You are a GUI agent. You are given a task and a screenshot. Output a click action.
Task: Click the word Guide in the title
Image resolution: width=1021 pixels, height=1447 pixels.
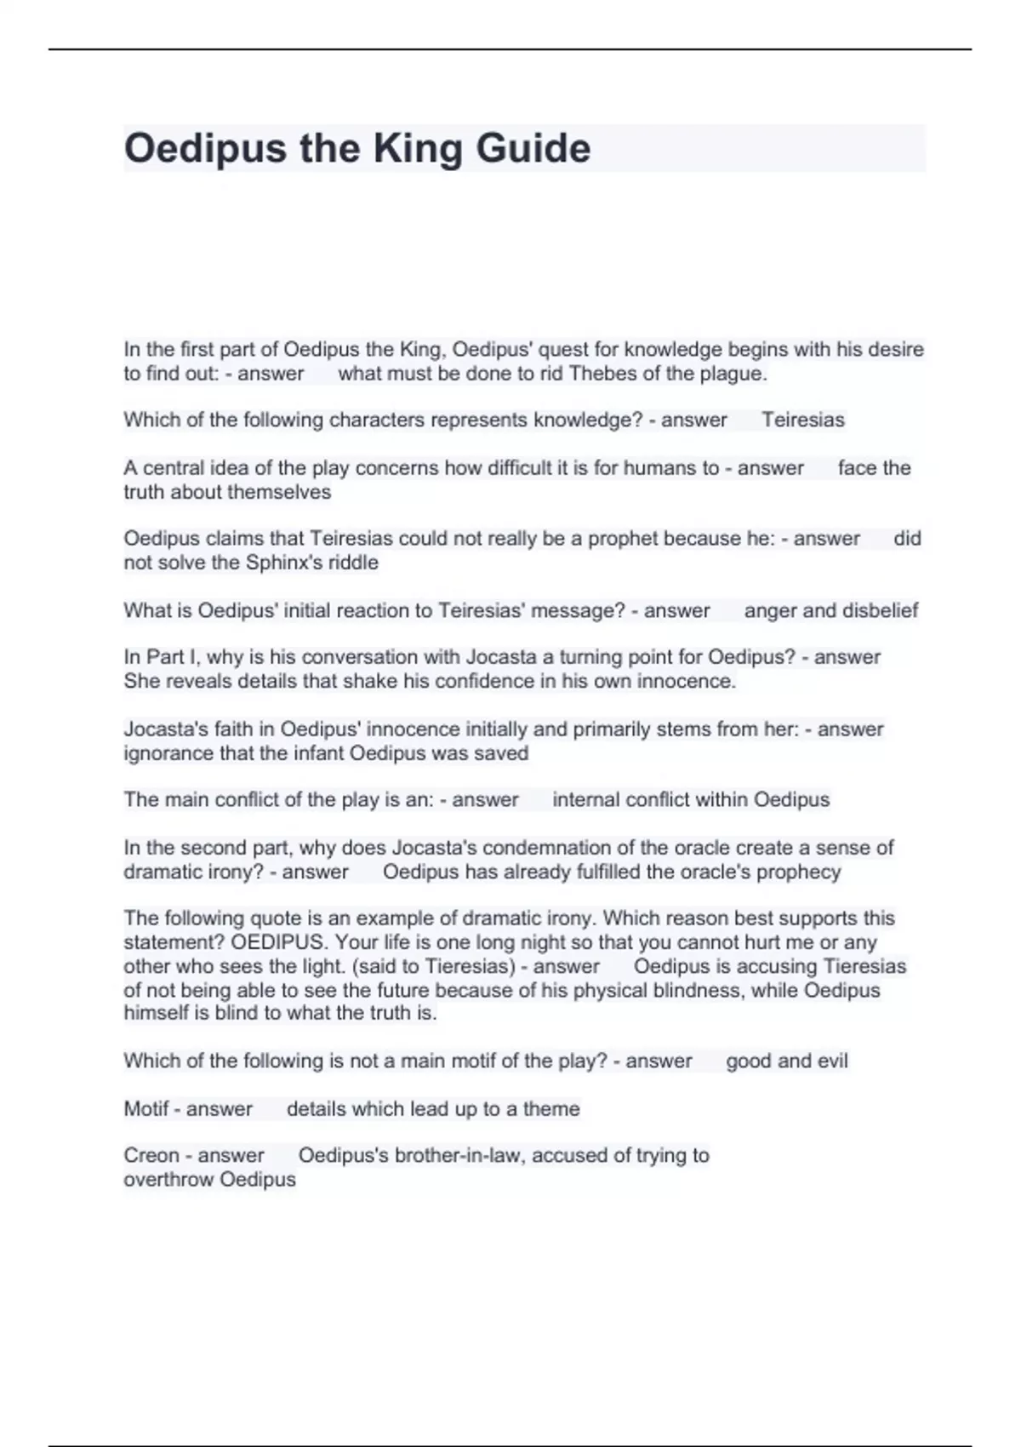(533, 149)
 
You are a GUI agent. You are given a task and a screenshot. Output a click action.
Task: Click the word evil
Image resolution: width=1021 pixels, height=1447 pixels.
(832, 1061)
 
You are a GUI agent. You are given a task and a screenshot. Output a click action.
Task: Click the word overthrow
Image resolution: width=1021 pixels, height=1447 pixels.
(168, 1180)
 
